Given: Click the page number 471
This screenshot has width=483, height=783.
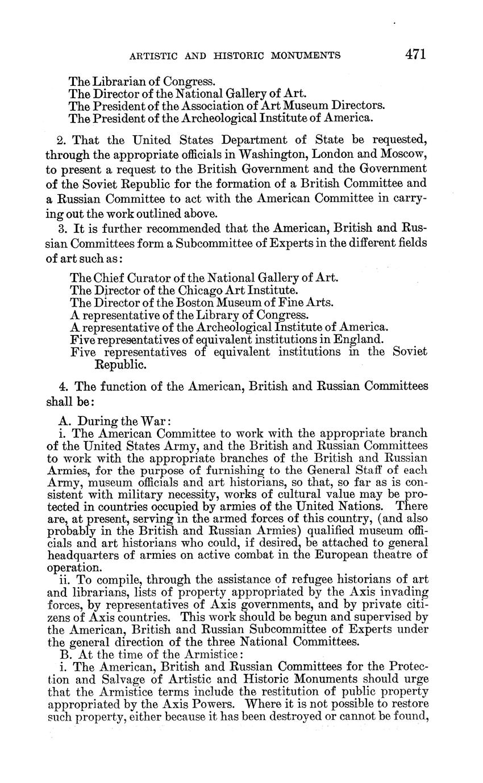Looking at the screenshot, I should pos(415,55).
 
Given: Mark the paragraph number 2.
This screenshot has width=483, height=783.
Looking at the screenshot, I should pos(61,140).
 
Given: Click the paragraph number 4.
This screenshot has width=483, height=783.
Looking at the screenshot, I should pos(62,387).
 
